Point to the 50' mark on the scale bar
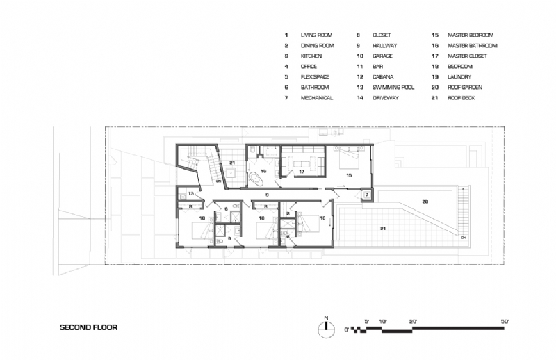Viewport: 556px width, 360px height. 505,321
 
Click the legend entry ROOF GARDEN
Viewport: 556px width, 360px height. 463,88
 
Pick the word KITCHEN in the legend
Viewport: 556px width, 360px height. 311,56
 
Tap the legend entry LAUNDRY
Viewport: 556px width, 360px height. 458,77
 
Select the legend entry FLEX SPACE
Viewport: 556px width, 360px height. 315,77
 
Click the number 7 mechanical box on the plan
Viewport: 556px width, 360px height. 366,195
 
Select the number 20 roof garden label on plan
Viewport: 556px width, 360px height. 423,201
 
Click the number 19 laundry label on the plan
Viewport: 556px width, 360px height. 191,193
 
